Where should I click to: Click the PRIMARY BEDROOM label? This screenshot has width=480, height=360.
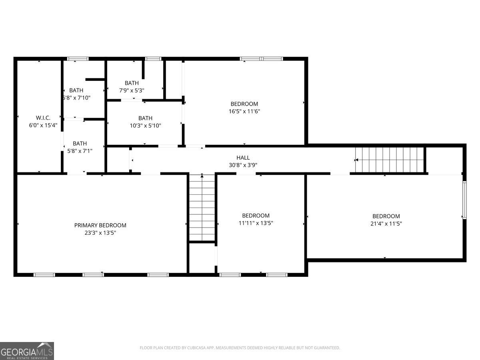(x=100, y=225)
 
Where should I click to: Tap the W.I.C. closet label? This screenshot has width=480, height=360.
(x=43, y=118)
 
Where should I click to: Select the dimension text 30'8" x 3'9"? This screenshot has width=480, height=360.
(x=243, y=165)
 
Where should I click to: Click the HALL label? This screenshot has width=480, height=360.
(x=243, y=158)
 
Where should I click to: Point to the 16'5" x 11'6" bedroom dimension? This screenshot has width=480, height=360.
(x=244, y=111)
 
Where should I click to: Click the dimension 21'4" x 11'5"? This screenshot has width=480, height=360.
(x=386, y=224)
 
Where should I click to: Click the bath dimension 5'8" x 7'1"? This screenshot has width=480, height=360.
(x=80, y=150)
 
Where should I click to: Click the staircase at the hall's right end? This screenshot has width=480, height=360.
(x=389, y=160)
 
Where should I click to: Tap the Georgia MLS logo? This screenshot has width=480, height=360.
(x=27, y=351)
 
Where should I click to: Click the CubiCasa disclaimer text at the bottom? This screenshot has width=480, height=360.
(x=240, y=348)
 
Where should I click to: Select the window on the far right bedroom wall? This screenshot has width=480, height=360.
(x=464, y=200)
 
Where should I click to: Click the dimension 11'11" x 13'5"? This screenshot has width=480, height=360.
(x=256, y=223)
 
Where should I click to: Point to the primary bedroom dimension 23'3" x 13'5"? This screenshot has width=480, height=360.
(x=100, y=232)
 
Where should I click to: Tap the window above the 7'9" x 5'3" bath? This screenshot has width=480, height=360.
(x=153, y=59)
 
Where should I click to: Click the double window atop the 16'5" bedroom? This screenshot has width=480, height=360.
(x=261, y=59)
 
